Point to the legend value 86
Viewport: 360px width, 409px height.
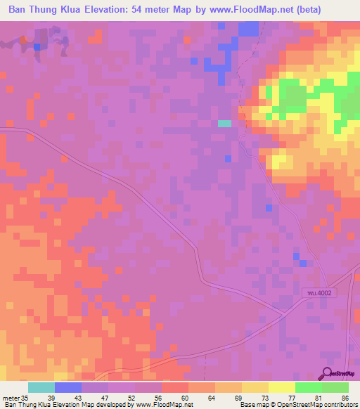[x=345, y=397]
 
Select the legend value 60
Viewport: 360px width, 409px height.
[x=184, y=397]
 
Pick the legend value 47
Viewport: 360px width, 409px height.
[x=104, y=397]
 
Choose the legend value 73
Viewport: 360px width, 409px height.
[x=264, y=397]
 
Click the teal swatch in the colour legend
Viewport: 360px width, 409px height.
[x=41, y=387]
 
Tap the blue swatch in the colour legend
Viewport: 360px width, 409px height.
[x=68, y=387]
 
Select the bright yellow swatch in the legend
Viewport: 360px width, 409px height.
[x=282, y=387]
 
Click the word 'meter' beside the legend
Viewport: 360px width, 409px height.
[x=11, y=397]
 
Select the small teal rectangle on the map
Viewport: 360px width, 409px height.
[x=224, y=123]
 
